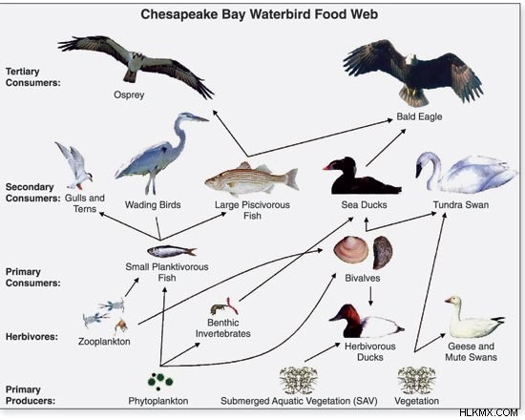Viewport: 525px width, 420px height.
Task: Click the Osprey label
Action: click(129, 95)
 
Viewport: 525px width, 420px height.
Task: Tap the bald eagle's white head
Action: click(409, 59)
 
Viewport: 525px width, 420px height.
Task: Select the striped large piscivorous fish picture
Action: click(251, 179)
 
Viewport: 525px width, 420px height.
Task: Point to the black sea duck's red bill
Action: click(326, 167)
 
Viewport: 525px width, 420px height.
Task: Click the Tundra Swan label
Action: click(461, 204)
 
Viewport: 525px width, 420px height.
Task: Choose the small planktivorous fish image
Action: click(172, 251)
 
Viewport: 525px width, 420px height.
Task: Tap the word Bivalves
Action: click(363, 278)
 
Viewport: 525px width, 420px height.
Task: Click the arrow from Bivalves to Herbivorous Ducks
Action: click(370, 296)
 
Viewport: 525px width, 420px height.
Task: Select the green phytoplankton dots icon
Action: click(160, 381)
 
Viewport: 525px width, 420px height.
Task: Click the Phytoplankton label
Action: click(158, 401)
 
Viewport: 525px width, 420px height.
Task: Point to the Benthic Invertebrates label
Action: click(223, 328)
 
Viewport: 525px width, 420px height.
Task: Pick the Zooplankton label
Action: click(104, 342)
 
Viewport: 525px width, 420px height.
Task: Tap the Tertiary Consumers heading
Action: click(32, 77)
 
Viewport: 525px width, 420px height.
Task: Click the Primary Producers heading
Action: click(31, 395)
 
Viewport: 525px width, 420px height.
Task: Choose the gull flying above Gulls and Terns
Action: click(74, 165)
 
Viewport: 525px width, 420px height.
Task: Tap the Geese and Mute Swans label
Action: click(471, 351)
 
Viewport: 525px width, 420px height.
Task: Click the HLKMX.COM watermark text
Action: click(489, 413)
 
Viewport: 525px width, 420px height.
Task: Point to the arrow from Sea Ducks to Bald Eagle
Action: click(386, 148)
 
